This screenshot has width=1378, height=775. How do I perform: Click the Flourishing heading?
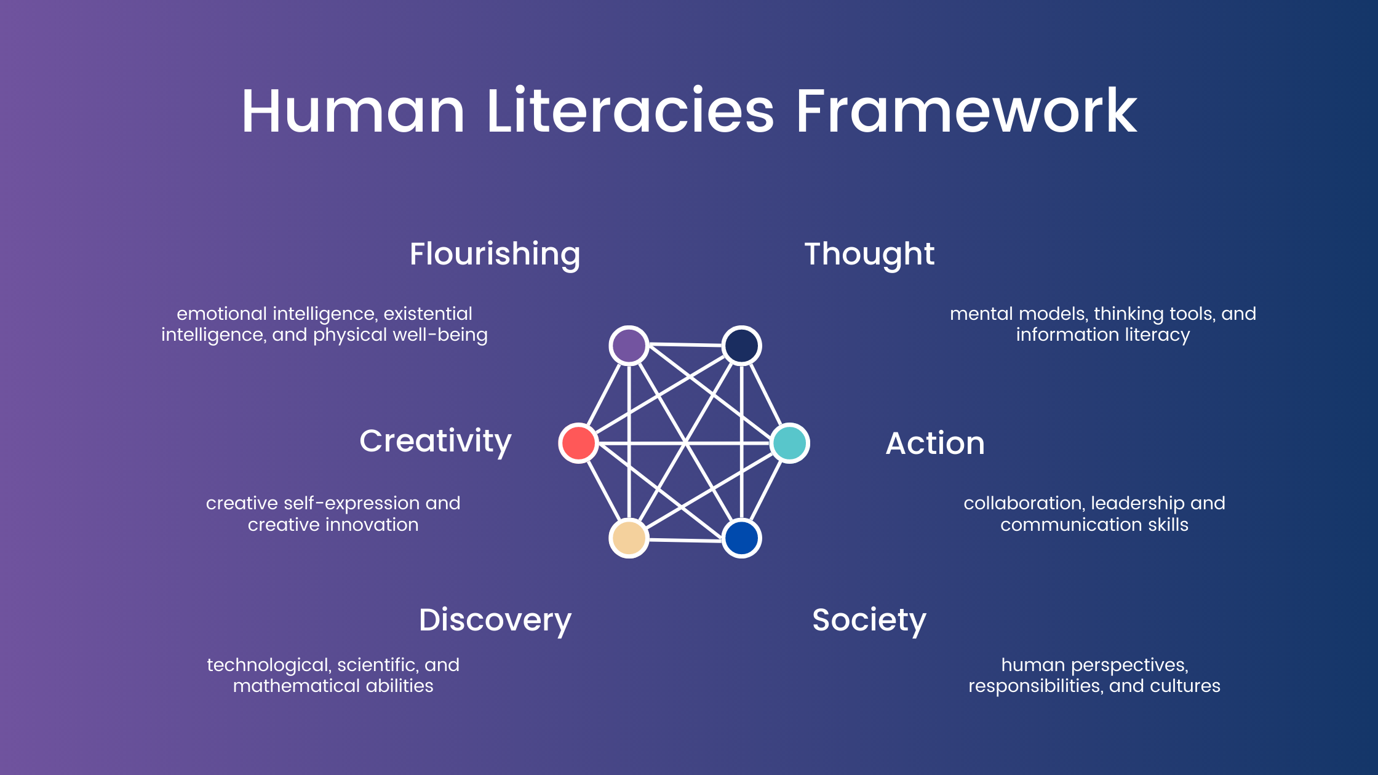(x=495, y=255)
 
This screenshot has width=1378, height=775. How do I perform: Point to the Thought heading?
(x=869, y=255)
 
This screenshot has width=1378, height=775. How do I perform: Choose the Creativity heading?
(x=436, y=442)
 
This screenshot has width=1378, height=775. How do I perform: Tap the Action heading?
(x=935, y=443)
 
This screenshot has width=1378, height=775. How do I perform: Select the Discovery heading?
(x=495, y=621)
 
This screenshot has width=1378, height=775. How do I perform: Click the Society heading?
(x=869, y=621)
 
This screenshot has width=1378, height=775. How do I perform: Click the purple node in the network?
(x=629, y=346)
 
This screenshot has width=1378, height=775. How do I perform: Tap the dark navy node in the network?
(x=741, y=346)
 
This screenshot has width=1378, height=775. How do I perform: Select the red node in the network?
(x=578, y=443)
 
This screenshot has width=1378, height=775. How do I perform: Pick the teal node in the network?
(x=790, y=443)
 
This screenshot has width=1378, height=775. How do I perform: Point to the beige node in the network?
(x=629, y=538)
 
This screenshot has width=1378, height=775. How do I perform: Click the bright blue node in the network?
(x=741, y=538)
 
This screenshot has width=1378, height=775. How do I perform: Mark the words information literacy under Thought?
(x=1103, y=335)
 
